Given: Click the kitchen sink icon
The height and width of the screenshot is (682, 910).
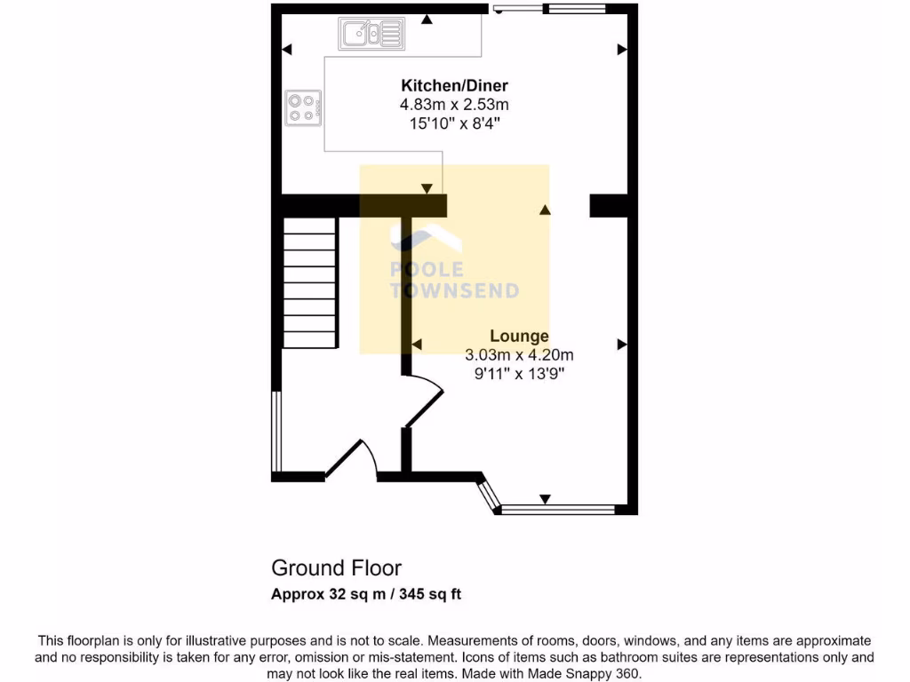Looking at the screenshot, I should click(371, 34).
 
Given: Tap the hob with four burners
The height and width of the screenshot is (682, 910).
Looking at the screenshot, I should click(302, 108).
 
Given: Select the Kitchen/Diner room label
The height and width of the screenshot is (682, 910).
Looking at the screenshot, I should click(454, 86).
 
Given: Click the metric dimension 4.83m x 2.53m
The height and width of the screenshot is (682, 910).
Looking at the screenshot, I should click(454, 105).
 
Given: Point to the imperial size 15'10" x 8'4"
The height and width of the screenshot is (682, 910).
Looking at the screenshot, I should click(454, 123).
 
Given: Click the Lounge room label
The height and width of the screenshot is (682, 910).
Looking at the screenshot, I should click(520, 337).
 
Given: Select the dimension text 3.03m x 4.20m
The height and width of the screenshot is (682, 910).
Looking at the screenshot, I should click(520, 355).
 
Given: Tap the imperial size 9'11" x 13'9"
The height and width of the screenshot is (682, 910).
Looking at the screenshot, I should click(520, 374).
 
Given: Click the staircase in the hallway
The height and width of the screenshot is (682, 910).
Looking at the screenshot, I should click(310, 283).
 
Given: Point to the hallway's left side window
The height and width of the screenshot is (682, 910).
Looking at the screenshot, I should click(276, 431).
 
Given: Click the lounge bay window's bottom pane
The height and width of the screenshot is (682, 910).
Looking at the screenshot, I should click(558, 510).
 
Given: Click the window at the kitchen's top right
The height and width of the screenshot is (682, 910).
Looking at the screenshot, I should click(575, 9).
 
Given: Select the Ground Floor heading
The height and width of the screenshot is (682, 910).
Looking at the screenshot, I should click(336, 568).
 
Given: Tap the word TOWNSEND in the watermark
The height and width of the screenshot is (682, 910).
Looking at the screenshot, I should click(454, 290).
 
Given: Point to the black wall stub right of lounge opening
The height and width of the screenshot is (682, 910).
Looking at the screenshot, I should click(610, 206).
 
